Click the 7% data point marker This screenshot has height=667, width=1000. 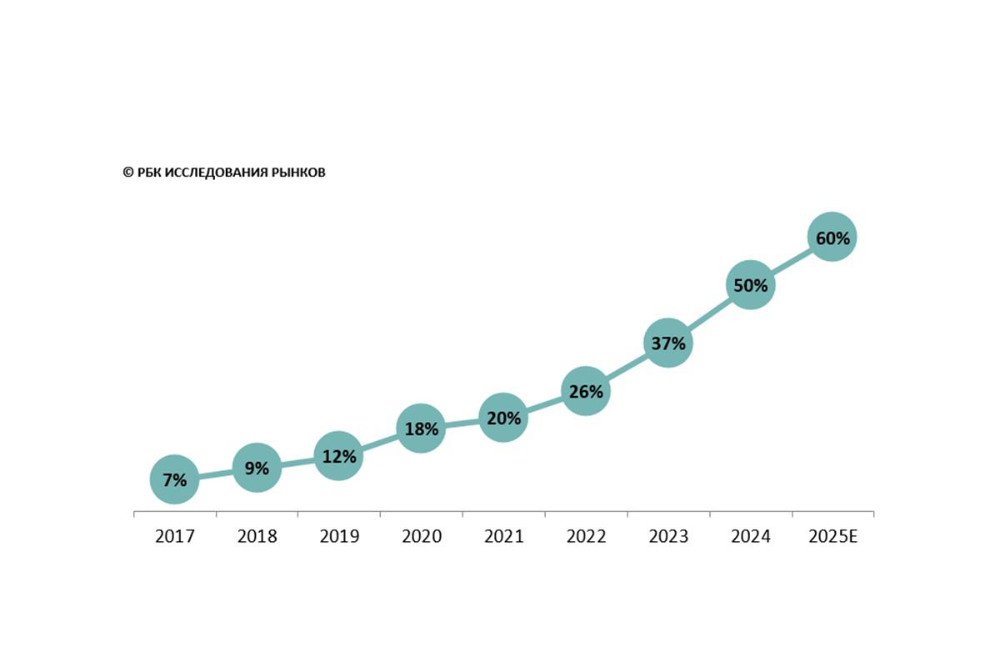(175, 479)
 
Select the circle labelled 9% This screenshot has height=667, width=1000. (257, 468)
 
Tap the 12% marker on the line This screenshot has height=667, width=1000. (338, 456)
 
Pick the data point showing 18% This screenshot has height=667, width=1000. (421, 429)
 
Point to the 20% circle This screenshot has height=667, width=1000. (503, 418)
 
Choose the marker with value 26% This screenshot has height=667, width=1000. (586, 390)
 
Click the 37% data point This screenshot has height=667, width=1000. (667, 343)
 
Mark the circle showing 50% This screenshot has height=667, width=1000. (750, 285)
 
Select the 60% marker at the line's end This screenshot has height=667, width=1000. (832, 238)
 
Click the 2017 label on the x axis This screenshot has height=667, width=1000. (175, 536)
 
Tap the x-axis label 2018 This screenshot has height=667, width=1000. (257, 536)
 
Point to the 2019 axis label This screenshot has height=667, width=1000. (339, 536)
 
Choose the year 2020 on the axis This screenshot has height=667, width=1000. (422, 536)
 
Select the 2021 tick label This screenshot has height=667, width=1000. (503, 536)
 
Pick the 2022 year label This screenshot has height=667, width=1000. (586, 536)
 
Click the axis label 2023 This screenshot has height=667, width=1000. (668, 536)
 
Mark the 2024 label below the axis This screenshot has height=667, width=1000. (750, 536)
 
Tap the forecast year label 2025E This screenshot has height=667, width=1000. (832, 536)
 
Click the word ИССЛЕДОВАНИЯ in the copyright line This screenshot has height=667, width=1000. (217, 173)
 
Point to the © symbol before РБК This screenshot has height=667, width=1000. (127, 173)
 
